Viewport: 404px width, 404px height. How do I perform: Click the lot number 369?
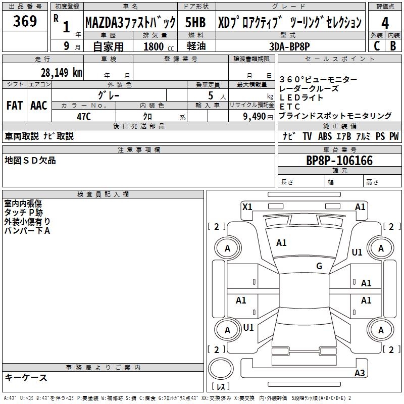[25, 21]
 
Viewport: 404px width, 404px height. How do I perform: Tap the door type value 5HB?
[195, 23]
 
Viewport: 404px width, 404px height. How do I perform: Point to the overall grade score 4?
[385, 23]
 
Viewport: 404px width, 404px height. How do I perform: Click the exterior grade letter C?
[376, 45]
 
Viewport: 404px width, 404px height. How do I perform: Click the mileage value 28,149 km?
[61, 72]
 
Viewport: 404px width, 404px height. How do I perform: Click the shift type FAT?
[14, 106]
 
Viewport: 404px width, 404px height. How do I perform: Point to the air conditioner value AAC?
[38, 106]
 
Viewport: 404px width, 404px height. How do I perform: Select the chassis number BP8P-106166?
[339, 161]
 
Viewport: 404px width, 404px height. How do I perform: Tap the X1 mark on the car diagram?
[247, 207]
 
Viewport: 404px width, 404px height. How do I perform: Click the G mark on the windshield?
[319, 266]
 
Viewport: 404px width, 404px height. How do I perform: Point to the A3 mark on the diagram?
[360, 373]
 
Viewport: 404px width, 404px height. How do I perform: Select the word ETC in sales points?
[290, 107]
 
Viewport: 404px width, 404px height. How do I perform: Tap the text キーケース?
[26, 378]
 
